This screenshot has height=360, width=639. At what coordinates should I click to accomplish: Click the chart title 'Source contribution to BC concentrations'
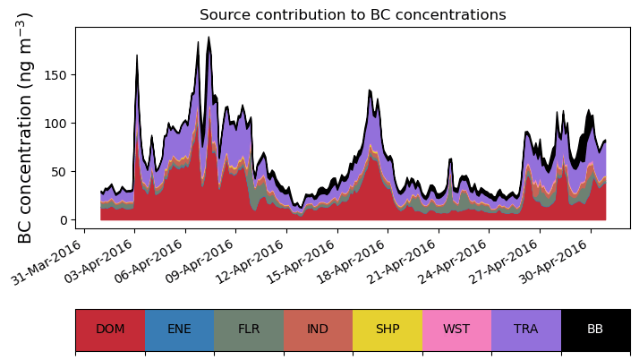[353, 14]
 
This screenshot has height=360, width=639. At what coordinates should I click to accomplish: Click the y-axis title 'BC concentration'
[25, 127]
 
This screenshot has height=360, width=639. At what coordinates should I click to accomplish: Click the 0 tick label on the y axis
[64, 220]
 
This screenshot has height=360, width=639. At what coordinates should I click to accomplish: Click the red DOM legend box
[110, 330]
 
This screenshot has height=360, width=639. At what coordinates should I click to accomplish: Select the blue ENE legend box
[179, 330]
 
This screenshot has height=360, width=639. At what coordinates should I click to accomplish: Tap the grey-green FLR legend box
[249, 330]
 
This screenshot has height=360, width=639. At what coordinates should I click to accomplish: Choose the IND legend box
[318, 330]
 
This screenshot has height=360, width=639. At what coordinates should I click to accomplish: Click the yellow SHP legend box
[388, 330]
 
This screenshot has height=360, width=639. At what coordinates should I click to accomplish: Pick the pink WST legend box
[456, 330]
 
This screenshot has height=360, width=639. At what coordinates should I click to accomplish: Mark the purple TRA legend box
[526, 330]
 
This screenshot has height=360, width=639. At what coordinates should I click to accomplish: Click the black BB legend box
[595, 330]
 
